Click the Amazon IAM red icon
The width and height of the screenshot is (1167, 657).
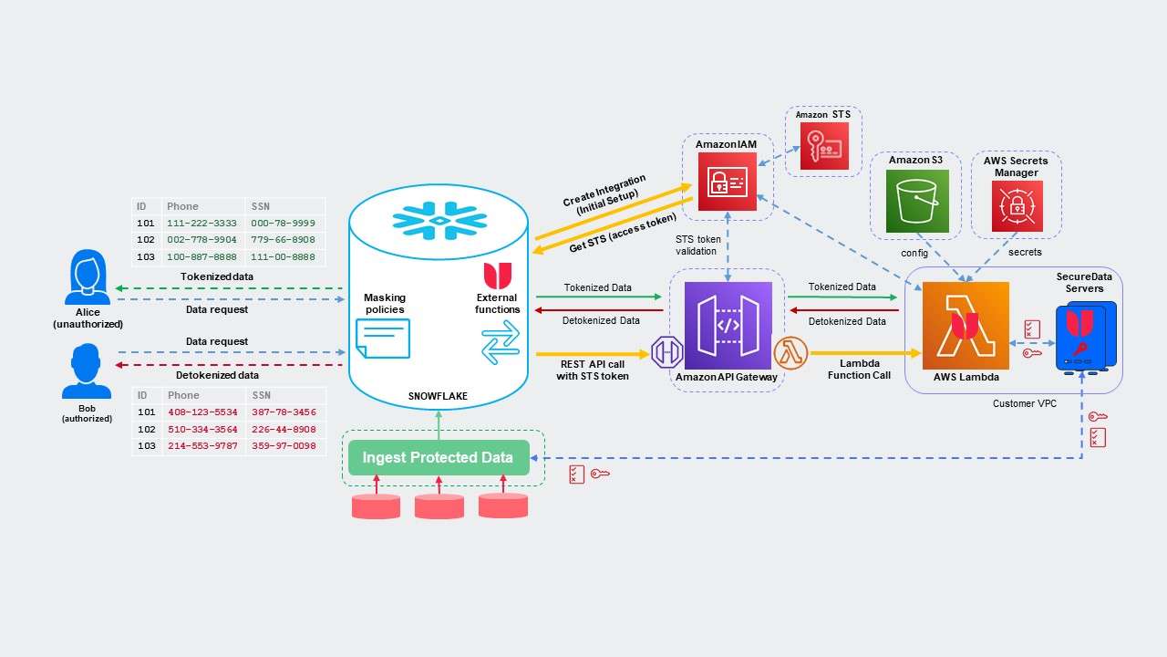pos(728,182)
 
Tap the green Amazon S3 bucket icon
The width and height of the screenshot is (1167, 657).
pos(917,202)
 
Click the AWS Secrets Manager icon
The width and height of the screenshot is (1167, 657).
pos(1017,206)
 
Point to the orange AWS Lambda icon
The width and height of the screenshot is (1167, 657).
pos(966,326)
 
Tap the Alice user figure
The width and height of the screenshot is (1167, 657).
pos(88,278)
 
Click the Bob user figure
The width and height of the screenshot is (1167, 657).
pos(88,372)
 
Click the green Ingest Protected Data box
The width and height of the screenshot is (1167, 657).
pos(438,457)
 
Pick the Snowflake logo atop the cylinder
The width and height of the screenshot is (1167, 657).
pos(439,221)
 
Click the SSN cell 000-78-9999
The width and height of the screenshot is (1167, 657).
pos(284,224)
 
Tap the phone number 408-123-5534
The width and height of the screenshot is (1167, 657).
pos(201,412)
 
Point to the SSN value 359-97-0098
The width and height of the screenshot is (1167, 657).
pos(284,446)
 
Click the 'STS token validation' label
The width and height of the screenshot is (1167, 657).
pos(697,245)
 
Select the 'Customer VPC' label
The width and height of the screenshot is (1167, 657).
pos(1024,403)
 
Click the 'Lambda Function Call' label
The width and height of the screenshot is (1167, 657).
pos(859,369)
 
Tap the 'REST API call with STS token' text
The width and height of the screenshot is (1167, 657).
pos(593,370)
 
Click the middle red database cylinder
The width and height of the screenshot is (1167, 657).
pos(439,506)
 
